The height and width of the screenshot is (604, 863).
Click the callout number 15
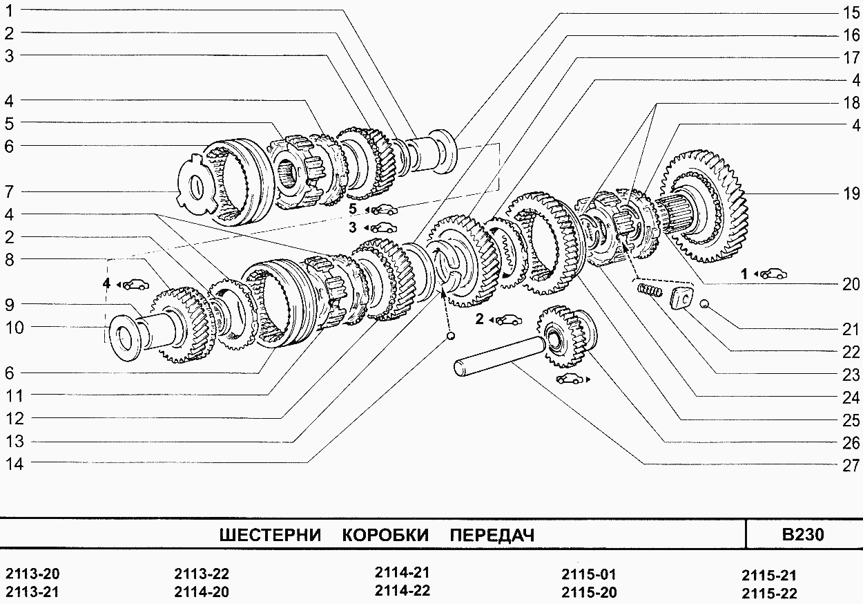coord(850,12)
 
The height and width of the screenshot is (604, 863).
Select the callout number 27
coord(850,465)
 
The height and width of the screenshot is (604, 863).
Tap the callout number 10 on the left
coord(14,327)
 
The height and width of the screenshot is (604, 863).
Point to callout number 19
coord(850,194)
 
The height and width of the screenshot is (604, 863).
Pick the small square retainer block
coord(681,298)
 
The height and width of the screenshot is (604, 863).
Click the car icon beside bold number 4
coord(135,283)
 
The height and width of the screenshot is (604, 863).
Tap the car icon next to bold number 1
coord(772,274)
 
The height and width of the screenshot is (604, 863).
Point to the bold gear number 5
coord(352,208)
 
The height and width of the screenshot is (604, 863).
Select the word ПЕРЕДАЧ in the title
coord(492,536)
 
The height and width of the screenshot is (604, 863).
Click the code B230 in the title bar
coord(803,535)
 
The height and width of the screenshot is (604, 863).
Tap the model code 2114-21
coord(403,573)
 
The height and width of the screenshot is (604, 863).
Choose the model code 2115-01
coord(588,574)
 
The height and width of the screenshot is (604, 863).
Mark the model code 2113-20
coord(32,574)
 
